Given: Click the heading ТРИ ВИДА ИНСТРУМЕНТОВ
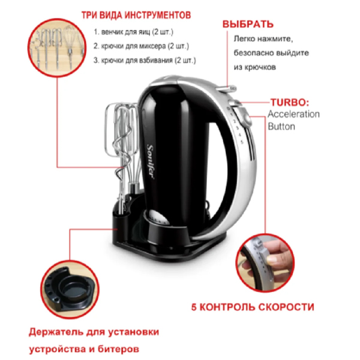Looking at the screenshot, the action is [x=136, y=15].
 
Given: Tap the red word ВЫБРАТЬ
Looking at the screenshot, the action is [x=248, y=25].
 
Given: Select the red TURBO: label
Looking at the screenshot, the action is [x=290, y=103].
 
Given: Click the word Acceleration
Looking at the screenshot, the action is [x=293, y=114].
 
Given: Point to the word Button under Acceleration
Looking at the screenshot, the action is [x=281, y=127].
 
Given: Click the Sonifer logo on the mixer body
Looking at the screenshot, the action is [x=150, y=162].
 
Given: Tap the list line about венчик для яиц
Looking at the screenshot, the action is [x=134, y=32].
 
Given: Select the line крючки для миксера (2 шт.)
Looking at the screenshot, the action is [x=141, y=46].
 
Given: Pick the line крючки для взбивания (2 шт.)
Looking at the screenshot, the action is [x=145, y=61].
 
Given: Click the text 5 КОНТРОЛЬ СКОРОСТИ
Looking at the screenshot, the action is [x=253, y=307].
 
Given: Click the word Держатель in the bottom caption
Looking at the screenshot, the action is [x=56, y=332].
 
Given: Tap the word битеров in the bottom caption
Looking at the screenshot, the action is [x=118, y=349].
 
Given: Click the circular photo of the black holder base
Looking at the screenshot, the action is [x=70, y=290].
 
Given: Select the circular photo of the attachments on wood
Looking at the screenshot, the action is [x=57, y=47].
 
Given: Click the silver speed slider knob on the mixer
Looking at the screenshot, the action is [x=245, y=118].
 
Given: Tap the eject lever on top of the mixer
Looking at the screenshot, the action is [x=227, y=89].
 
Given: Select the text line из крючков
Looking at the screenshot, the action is [x=254, y=67].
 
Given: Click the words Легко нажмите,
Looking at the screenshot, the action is [x=263, y=39].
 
